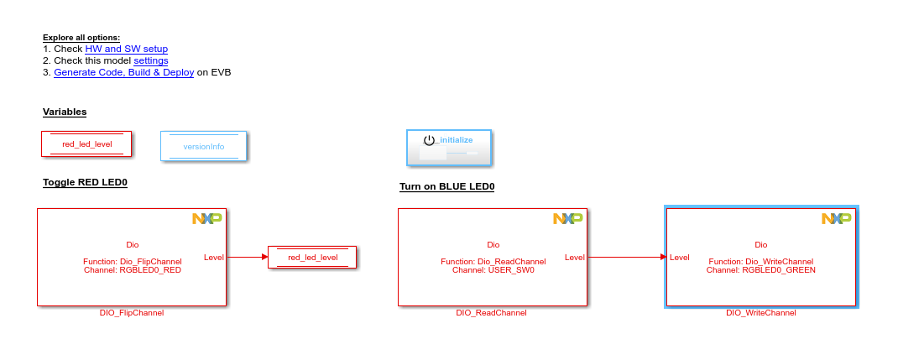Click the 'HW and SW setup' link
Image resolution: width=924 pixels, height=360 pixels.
pyautogui.click(x=127, y=49)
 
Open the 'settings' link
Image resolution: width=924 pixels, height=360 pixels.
pyautogui.click(x=151, y=60)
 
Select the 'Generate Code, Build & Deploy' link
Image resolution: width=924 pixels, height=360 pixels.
pyautogui.click(x=124, y=72)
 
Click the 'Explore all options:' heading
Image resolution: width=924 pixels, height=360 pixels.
pyautogui.click(x=81, y=37)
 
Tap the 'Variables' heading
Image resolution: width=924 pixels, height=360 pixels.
pyautogui.click(x=65, y=112)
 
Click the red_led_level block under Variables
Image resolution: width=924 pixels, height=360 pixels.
pyautogui.click(x=87, y=143)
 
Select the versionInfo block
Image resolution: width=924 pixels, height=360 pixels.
pyautogui.click(x=204, y=146)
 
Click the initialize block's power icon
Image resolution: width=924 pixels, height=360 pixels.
pyautogui.click(x=429, y=140)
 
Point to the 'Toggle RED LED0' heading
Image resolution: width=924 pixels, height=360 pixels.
pyautogui.click(x=85, y=182)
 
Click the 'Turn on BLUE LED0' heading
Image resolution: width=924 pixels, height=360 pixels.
pyautogui.click(x=446, y=186)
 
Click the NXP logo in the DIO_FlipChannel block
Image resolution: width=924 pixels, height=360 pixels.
pyautogui.click(x=206, y=219)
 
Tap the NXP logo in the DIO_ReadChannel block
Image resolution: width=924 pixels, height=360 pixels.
pyautogui.click(x=567, y=219)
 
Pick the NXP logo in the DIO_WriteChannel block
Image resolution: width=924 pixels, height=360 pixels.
pyautogui.click(x=836, y=219)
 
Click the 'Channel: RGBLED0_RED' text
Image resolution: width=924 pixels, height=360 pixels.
pyautogui.click(x=133, y=270)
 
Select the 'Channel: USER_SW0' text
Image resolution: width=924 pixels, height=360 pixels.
pyautogui.click(x=493, y=270)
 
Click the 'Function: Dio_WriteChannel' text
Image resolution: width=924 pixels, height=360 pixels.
pyautogui.click(x=761, y=262)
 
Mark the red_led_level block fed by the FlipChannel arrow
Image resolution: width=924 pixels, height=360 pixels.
pyautogui.click(x=312, y=257)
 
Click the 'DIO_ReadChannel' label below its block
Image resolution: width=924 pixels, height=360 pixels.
pyautogui.click(x=492, y=313)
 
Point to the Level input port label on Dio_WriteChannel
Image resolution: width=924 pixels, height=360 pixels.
pyautogui.click(x=680, y=257)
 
